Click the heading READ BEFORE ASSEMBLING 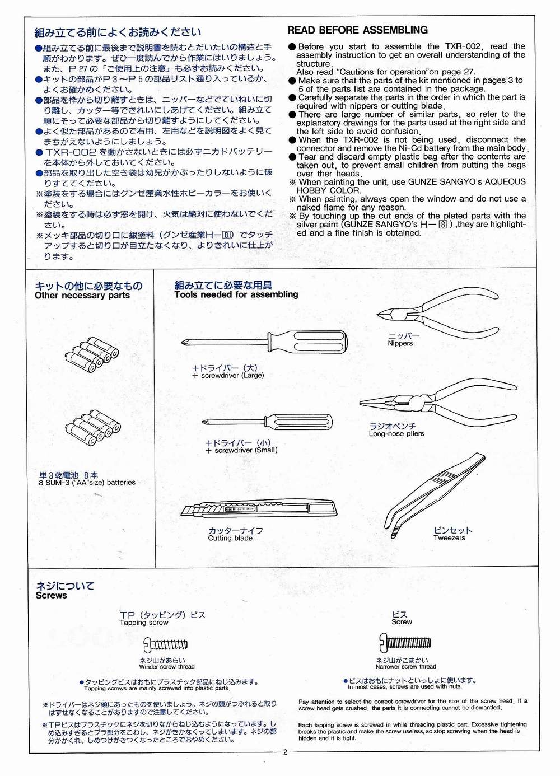point(357,30)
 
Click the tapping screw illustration point(166,644)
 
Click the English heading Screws point(51,596)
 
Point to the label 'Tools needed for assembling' point(236,294)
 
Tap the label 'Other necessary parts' point(82,296)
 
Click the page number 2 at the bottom point(284,752)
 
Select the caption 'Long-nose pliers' point(396,434)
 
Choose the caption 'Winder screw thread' point(167,667)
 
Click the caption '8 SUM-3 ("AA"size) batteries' point(87,482)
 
